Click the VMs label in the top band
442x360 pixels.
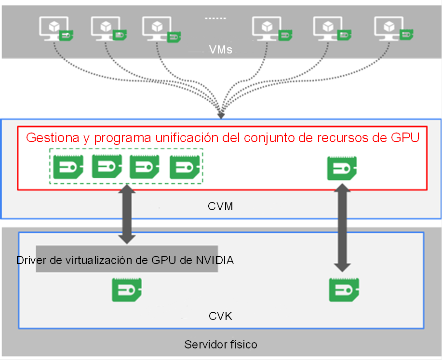point(220,50)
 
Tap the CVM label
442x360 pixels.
point(220,206)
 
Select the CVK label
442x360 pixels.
point(220,316)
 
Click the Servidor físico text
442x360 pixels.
point(221,345)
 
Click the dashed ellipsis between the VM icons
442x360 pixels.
point(215,18)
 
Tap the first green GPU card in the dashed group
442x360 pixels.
point(68,167)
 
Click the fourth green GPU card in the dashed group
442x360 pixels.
point(185,167)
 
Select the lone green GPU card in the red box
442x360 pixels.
point(342,168)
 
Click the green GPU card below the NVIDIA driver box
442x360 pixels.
point(127,290)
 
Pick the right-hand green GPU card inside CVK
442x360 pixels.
point(344,290)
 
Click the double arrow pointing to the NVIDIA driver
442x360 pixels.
point(127,214)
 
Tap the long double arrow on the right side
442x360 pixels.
point(342,228)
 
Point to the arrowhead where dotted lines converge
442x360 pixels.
point(221,116)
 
